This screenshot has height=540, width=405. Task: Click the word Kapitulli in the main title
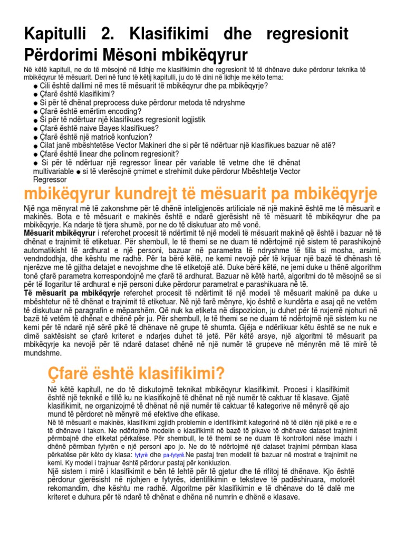click(55, 35)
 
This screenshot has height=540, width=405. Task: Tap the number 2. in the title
click(108, 35)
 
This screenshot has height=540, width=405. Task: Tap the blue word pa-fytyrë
click(173, 455)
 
